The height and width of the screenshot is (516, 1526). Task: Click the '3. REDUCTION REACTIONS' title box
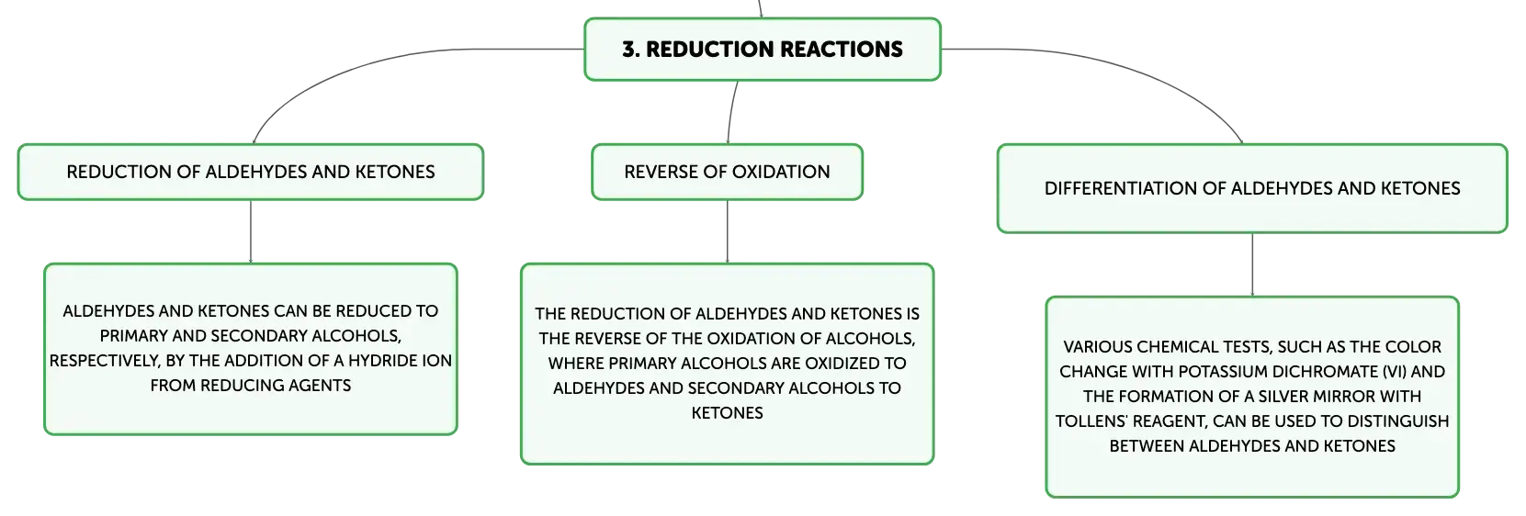pos(763,49)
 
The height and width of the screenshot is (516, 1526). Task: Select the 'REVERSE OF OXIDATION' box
pos(727,172)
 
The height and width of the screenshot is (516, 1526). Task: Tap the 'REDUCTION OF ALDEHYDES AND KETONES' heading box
pos(251,172)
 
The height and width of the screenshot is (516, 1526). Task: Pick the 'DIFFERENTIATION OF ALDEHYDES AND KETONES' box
pos(1252,188)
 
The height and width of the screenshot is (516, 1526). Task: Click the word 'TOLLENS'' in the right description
pos(1087,421)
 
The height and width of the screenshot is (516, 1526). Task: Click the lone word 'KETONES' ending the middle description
pos(727,413)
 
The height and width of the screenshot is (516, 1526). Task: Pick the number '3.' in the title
pos(630,50)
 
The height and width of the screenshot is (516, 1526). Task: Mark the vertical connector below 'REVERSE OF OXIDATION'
pos(727,231)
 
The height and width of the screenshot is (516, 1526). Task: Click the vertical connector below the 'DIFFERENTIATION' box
pos(1252,264)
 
